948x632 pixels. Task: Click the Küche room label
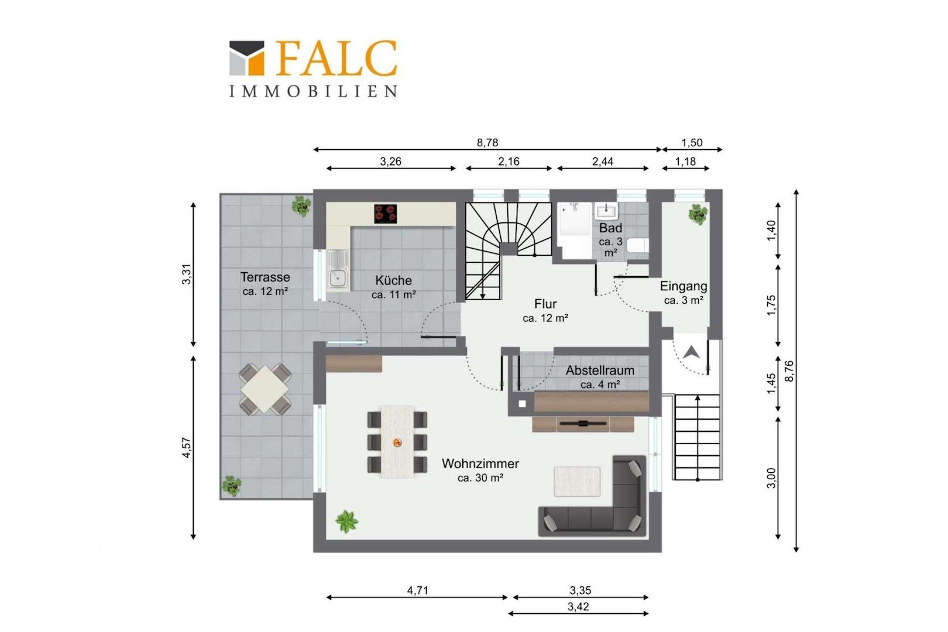[394, 281]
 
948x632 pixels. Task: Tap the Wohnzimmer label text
[480, 463]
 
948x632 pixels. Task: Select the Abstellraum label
[600, 370]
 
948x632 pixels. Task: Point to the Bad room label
[610, 228]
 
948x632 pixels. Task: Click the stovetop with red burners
[386, 214]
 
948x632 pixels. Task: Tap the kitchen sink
[337, 270]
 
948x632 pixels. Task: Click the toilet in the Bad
[637, 246]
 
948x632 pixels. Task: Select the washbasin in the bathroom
[606, 211]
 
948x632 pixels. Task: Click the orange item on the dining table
[397, 442]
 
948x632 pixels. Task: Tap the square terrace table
[265, 390]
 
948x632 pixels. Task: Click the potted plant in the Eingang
[698, 215]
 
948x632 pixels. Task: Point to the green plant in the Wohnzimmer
[346, 521]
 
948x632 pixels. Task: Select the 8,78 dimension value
[487, 143]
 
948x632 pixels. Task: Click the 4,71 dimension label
[418, 590]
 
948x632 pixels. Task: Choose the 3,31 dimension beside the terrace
[187, 274]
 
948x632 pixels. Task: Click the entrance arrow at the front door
[691, 352]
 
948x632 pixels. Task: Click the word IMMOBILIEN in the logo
[314, 91]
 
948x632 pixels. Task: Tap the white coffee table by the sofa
[577, 481]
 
